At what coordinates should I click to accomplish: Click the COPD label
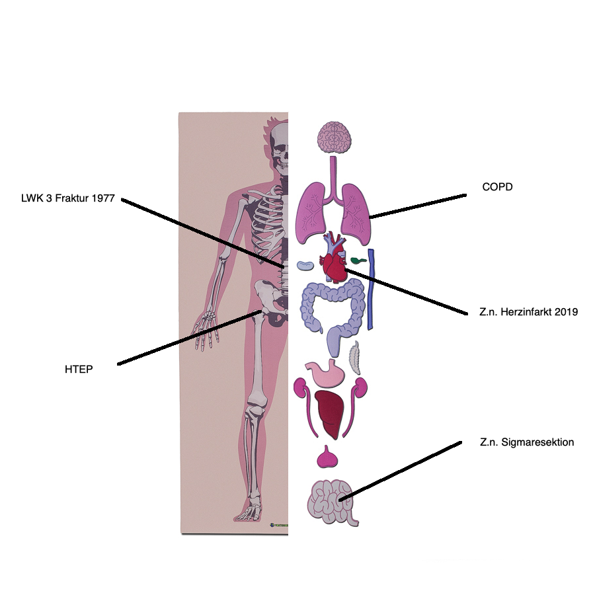pyautogui.click(x=497, y=186)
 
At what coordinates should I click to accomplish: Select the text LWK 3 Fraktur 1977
pyautogui.click(x=68, y=198)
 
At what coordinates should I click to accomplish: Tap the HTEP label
pyautogui.click(x=79, y=369)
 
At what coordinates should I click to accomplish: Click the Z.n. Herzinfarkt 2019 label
pyautogui.click(x=528, y=312)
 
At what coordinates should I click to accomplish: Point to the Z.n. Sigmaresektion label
pyautogui.click(x=527, y=442)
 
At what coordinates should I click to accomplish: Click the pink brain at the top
pyautogui.click(x=335, y=138)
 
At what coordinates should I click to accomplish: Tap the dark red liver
pyautogui.click(x=330, y=414)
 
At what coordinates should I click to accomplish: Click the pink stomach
pyautogui.click(x=326, y=373)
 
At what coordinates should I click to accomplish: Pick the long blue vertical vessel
pyautogui.click(x=371, y=289)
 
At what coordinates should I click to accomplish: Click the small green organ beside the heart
pyautogui.click(x=358, y=260)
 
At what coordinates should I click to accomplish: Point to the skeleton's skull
pyautogui.click(x=280, y=148)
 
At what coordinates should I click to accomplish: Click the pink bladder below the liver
pyautogui.click(x=327, y=457)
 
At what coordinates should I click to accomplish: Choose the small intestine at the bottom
pyautogui.click(x=332, y=502)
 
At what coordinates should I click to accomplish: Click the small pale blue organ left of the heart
pyautogui.click(x=305, y=266)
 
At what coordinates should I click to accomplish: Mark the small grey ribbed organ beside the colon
pyautogui.click(x=355, y=358)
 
